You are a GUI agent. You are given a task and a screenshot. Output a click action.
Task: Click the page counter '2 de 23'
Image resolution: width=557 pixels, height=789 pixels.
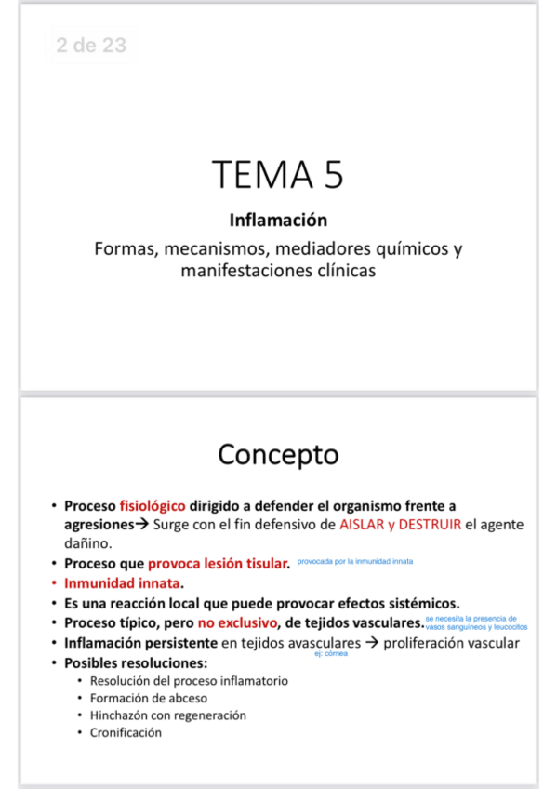(90, 46)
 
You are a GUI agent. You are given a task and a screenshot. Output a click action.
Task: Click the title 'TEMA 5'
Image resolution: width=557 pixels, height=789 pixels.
(278, 175)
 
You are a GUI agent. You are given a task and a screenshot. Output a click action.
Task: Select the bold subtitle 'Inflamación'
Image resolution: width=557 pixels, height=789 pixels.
(278, 221)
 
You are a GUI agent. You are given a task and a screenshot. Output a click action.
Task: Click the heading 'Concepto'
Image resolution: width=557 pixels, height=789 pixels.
(278, 455)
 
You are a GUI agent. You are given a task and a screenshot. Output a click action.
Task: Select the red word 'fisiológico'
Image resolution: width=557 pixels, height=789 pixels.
(153, 507)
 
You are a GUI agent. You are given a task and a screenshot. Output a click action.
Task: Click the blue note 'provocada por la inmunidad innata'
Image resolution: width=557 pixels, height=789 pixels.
(355, 562)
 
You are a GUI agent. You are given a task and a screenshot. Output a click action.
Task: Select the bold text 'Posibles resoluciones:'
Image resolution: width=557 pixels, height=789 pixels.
(135, 662)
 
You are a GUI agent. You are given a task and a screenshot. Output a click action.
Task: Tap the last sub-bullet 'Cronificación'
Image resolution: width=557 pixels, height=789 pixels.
(126, 732)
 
